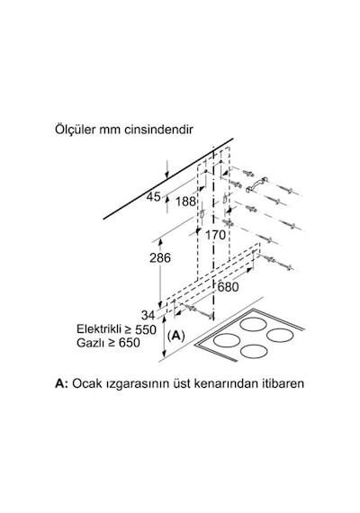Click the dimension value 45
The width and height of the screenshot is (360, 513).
(x=153, y=197)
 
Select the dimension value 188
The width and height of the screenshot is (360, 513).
(x=185, y=202)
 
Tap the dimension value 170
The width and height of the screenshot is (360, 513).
(x=215, y=235)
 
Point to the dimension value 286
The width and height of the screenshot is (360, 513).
(x=160, y=257)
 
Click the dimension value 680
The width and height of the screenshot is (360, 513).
(x=228, y=287)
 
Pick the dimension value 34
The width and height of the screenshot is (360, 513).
(x=148, y=315)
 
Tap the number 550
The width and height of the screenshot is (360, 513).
(x=146, y=329)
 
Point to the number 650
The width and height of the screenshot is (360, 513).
(x=129, y=343)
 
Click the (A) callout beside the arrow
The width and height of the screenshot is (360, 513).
(x=176, y=336)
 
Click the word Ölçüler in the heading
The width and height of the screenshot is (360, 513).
(x=75, y=130)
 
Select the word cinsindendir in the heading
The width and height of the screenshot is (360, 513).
(x=159, y=130)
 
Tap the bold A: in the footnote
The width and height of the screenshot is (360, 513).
(x=61, y=383)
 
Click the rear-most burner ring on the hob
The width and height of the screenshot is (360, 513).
(x=252, y=325)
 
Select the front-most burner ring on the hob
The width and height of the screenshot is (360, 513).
(x=253, y=351)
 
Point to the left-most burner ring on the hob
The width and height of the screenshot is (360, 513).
(x=226, y=340)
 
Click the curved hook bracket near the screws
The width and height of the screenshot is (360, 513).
(x=256, y=184)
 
